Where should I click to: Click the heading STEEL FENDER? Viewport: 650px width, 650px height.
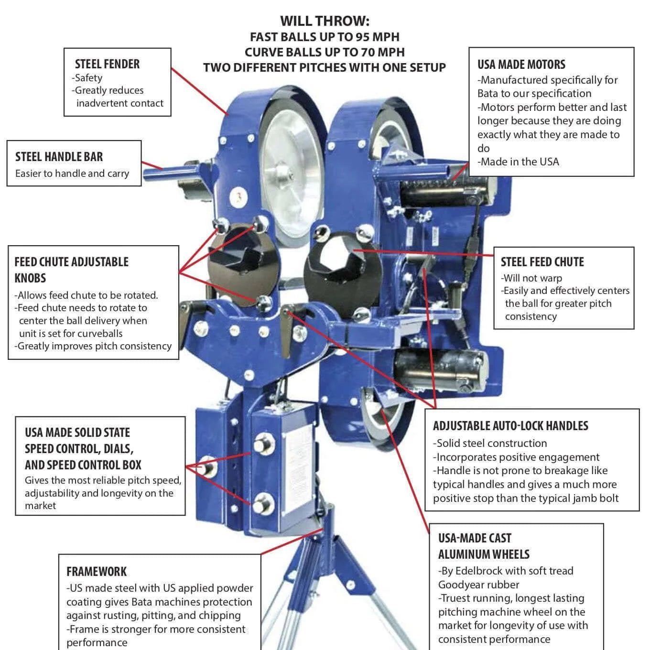pyautogui.click(x=107, y=64)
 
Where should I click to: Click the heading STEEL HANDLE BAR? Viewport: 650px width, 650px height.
pyautogui.click(x=59, y=157)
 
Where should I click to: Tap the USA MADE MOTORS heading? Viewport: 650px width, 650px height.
pyautogui.click(x=521, y=65)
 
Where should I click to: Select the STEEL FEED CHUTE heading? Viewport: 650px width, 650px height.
pyautogui.click(x=542, y=262)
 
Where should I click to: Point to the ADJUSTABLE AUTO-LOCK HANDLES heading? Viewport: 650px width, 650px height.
pyautogui.click(x=510, y=426)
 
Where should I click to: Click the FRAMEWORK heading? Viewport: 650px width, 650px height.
pyautogui.click(x=97, y=572)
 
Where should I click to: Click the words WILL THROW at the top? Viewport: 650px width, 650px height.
pyautogui.click(x=325, y=21)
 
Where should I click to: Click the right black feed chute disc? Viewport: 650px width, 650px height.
pyautogui.click(x=340, y=268)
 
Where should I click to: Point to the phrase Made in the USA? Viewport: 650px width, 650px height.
pyautogui.click(x=520, y=162)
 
